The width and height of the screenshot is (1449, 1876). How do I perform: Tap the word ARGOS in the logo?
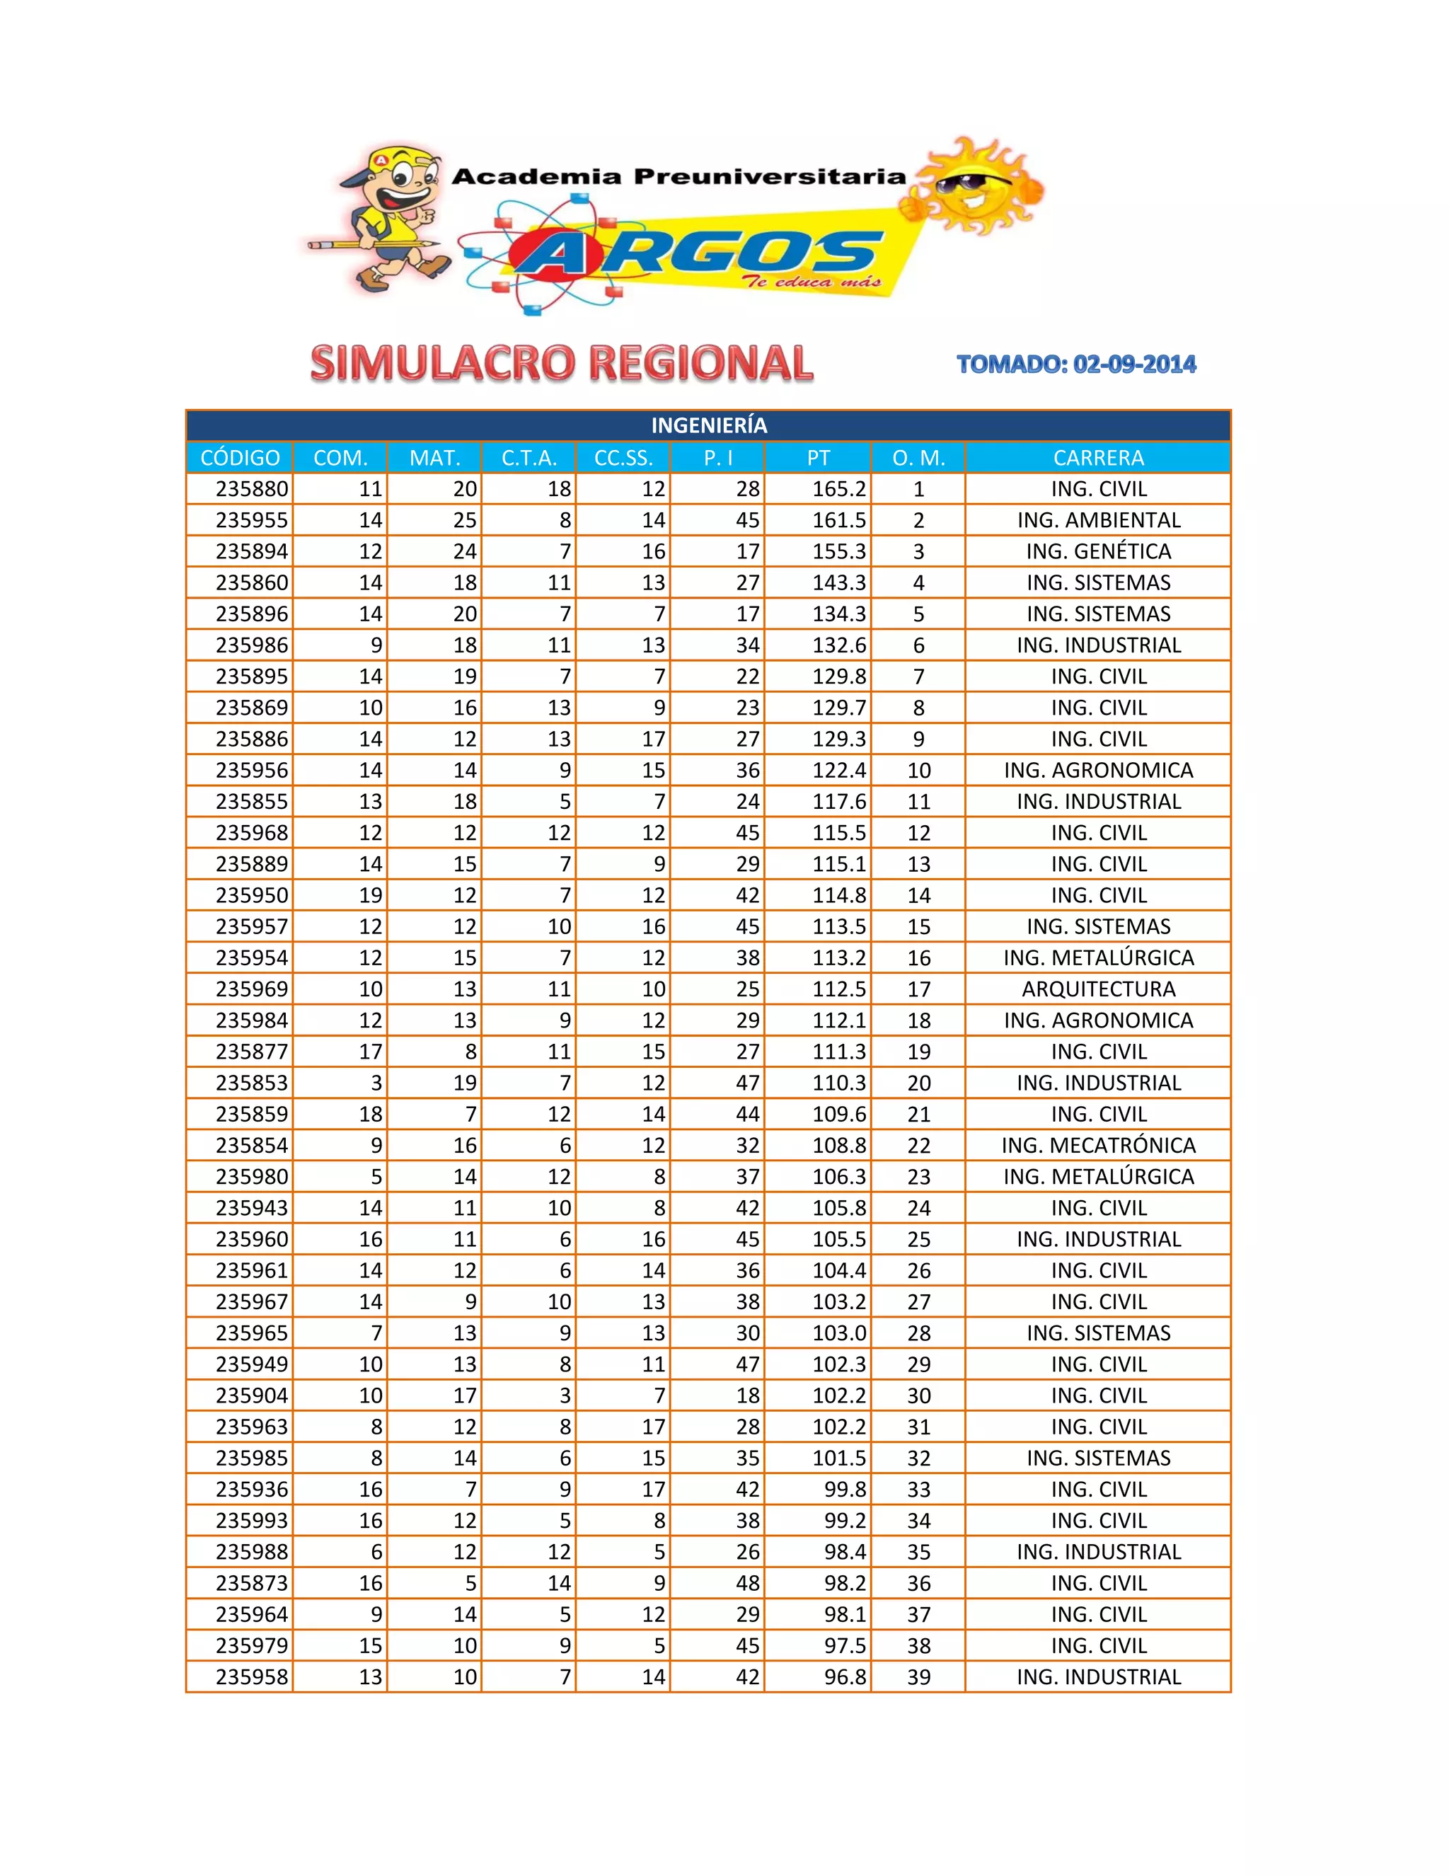[695, 253]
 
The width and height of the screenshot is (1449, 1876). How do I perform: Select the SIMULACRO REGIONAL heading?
[562, 363]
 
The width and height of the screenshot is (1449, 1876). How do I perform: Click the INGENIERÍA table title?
[709, 425]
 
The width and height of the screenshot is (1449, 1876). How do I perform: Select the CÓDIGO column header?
[240, 458]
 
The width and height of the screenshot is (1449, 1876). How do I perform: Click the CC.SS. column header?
[623, 458]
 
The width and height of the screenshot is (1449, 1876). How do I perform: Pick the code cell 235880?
[252, 489]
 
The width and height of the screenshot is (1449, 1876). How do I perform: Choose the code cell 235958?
[252, 1676]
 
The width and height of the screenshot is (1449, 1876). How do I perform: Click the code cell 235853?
[252, 1082]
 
